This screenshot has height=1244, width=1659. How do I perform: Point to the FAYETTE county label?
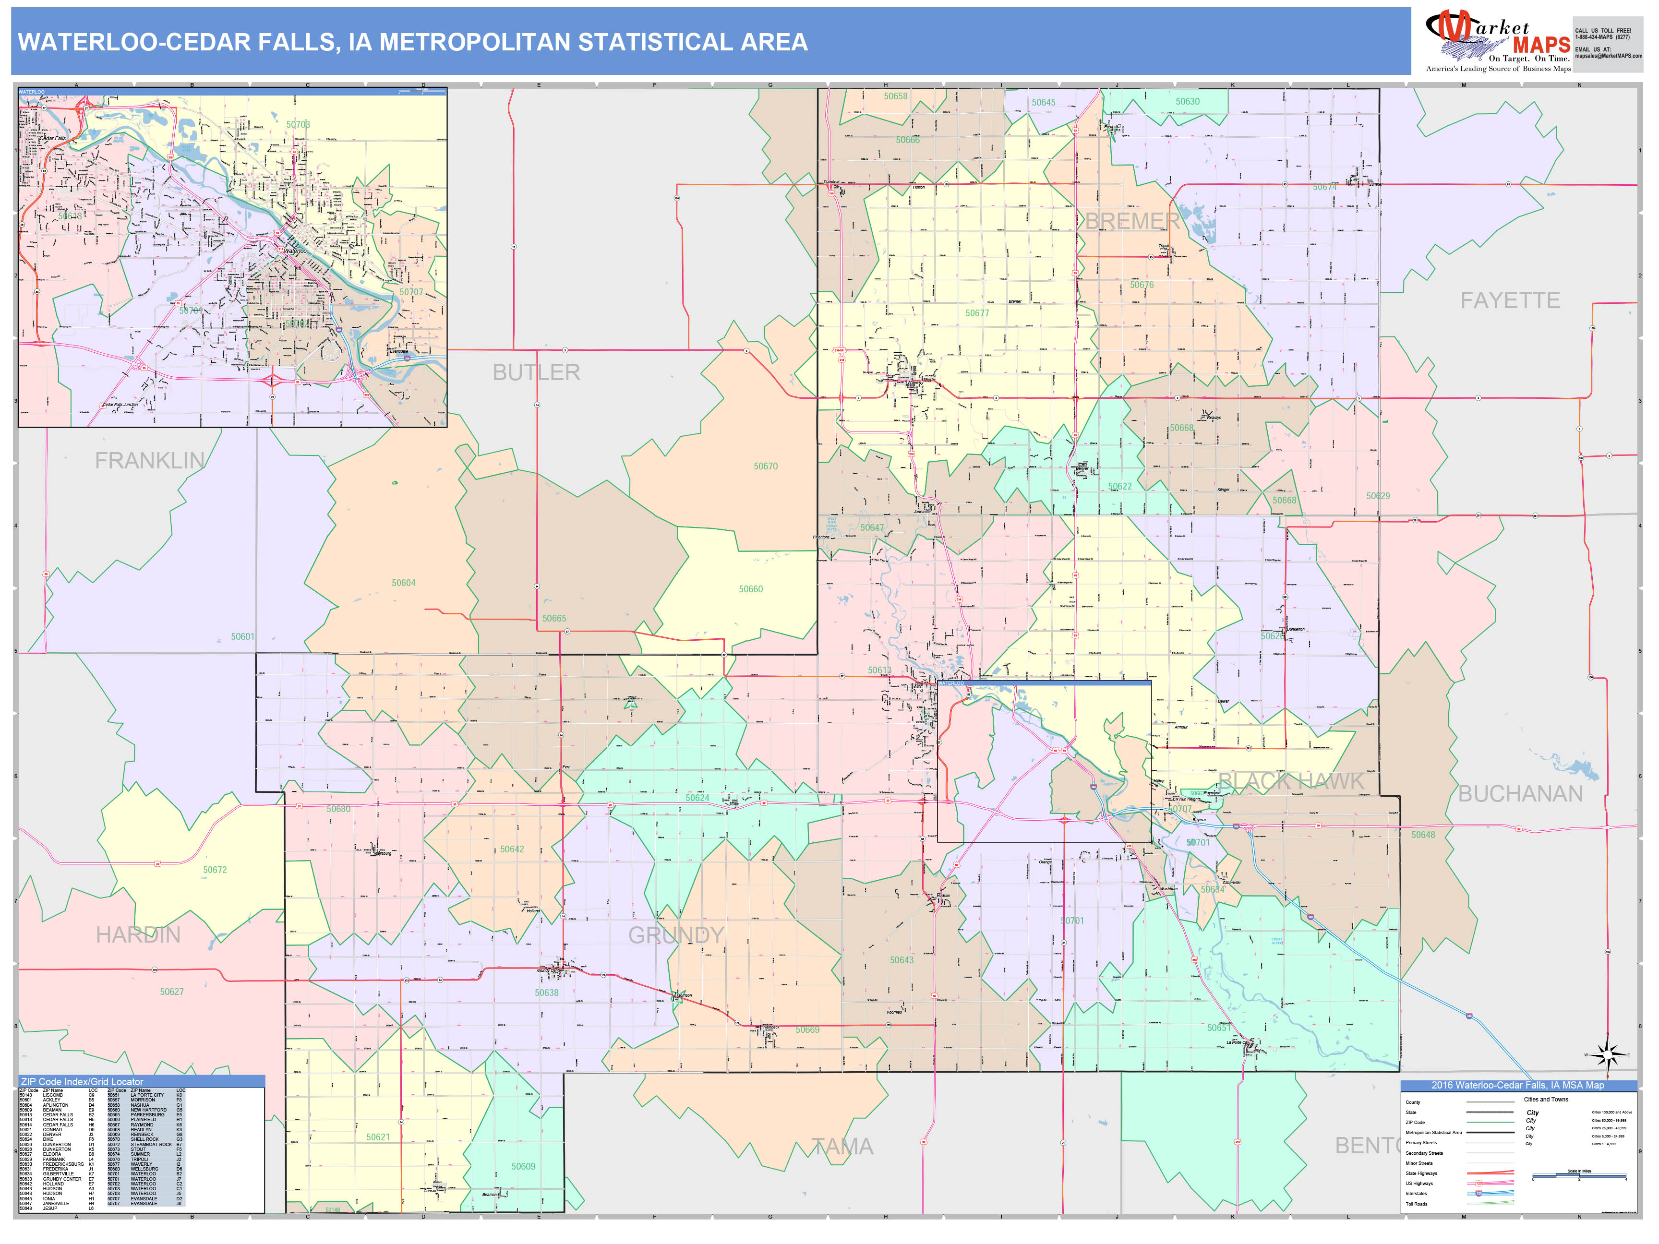pyautogui.click(x=1510, y=301)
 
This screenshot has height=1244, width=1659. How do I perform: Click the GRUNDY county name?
pyautogui.click(x=676, y=935)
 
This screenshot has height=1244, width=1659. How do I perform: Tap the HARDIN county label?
pyautogui.click(x=138, y=935)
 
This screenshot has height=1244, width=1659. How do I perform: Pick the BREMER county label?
pyautogui.click(x=1132, y=221)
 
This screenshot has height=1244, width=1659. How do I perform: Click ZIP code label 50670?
pyautogui.click(x=765, y=466)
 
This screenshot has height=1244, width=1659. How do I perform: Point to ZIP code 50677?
pyautogui.click(x=976, y=313)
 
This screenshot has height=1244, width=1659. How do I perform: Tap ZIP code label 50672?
pyautogui.click(x=215, y=870)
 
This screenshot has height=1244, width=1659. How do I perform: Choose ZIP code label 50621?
pyautogui.click(x=377, y=1137)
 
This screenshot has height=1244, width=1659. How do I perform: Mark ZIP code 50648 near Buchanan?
pyautogui.click(x=1423, y=835)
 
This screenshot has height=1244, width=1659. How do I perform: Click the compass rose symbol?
pyautogui.click(x=1607, y=1054)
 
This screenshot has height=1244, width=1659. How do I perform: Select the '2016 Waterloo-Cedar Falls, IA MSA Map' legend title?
pyautogui.click(x=1517, y=1085)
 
